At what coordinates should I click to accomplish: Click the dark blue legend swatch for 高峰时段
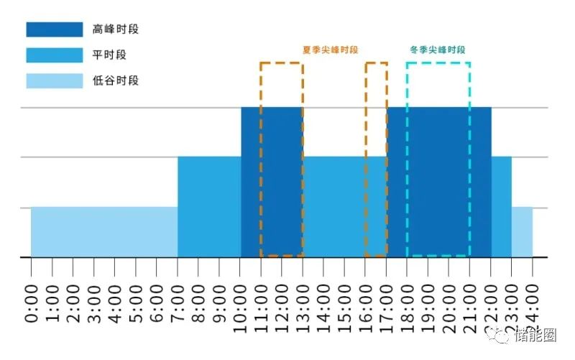(x=54, y=29)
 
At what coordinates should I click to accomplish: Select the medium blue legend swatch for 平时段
(x=54, y=55)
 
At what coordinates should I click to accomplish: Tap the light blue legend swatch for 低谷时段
(x=54, y=80)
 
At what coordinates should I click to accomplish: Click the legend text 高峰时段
(x=116, y=29)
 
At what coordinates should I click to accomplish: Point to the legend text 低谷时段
(x=116, y=80)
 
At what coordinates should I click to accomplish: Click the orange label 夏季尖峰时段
(x=330, y=50)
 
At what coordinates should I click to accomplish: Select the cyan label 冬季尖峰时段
(x=438, y=50)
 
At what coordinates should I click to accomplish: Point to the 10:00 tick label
(x=241, y=300)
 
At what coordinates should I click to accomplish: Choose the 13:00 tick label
(x=303, y=300)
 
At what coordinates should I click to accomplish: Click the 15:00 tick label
(x=345, y=300)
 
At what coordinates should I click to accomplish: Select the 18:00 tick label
(x=408, y=300)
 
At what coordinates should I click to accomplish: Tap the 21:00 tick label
(x=470, y=300)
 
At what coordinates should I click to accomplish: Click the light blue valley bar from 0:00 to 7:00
(x=104, y=231)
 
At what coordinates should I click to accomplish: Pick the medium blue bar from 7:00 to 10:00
(x=209, y=206)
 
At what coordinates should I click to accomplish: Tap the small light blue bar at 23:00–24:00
(x=523, y=231)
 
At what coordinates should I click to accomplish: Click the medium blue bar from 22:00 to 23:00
(x=502, y=206)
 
